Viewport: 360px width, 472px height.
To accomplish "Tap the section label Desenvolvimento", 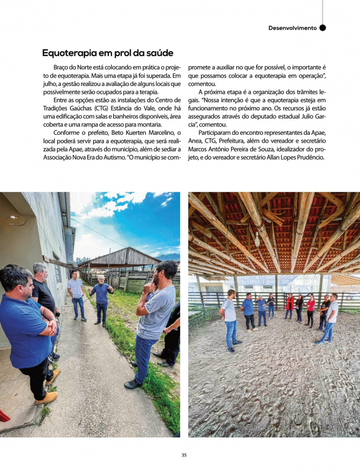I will tap(292, 28).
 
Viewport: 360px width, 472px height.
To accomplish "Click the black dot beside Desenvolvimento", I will tap(322, 28).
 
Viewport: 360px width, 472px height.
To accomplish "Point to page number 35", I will tap(184, 455).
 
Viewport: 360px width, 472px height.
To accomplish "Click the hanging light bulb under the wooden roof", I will tap(257, 240).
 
